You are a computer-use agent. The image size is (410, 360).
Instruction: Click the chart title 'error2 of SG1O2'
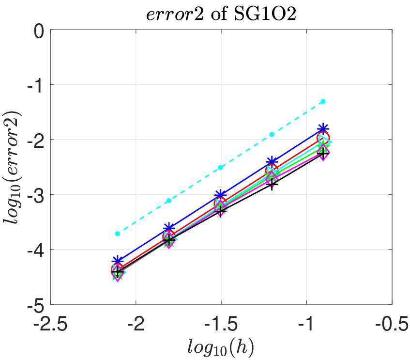(x=221, y=14)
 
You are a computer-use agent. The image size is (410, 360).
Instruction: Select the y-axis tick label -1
(x=35, y=86)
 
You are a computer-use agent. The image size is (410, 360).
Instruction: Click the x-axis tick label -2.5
(x=50, y=324)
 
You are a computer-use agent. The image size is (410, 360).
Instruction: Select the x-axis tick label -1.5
(x=221, y=324)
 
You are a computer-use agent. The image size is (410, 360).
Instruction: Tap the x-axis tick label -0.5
(x=392, y=324)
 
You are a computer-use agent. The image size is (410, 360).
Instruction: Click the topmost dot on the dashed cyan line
(x=323, y=101)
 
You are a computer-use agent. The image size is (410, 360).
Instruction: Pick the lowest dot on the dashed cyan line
(x=118, y=234)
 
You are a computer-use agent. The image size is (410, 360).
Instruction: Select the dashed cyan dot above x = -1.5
(x=220, y=168)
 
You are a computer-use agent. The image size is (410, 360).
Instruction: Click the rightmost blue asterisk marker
(x=323, y=128)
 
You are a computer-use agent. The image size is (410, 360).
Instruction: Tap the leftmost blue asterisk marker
(x=118, y=261)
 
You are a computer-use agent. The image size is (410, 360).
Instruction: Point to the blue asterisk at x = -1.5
(x=220, y=195)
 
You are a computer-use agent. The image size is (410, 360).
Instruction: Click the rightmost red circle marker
(x=323, y=138)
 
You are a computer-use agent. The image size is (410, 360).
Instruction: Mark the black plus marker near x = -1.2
(x=272, y=184)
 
